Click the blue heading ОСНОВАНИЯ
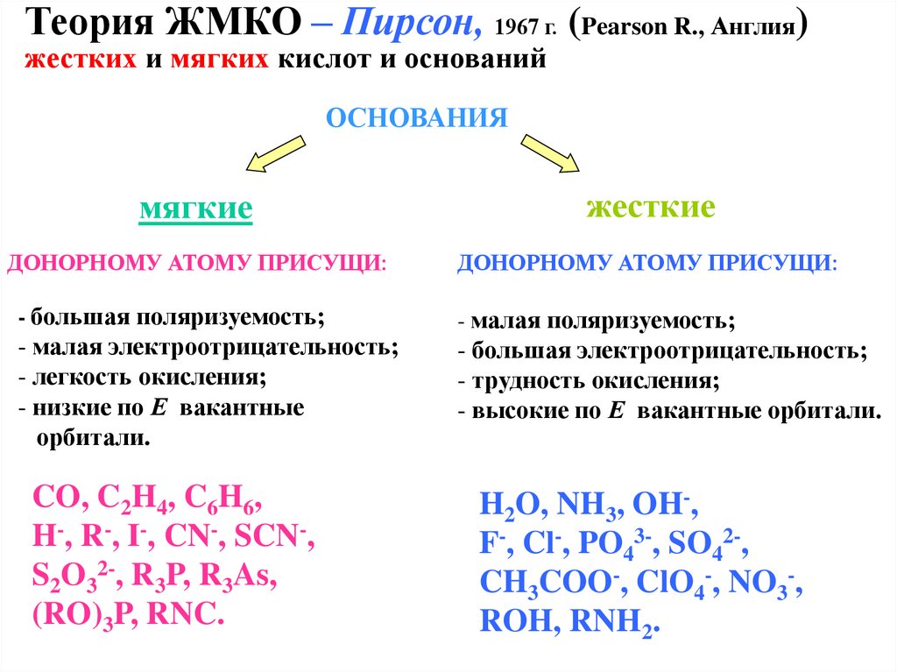click(x=417, y=117)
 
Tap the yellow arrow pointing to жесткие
click(x=550, y=152)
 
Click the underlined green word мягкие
click(x=196, y=210)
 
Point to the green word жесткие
click(x=651, y=208)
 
